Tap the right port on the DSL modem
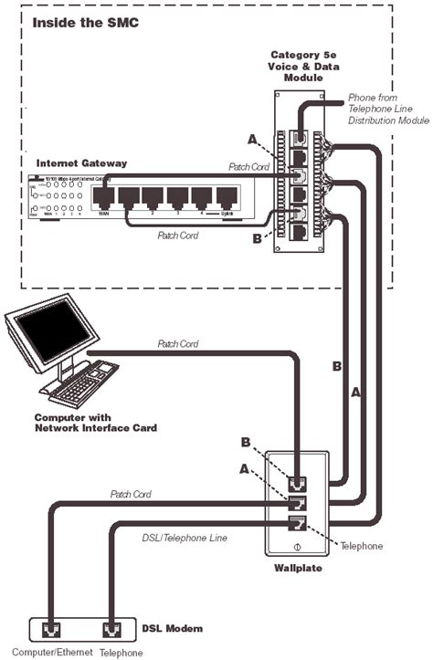point(111,629)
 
